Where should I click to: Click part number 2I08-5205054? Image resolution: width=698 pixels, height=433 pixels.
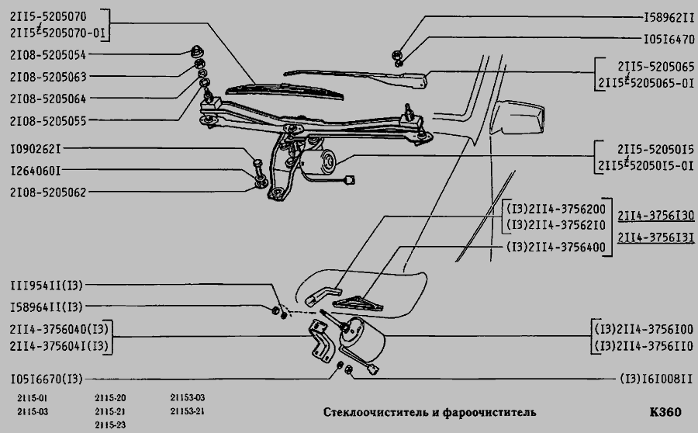click(47, 55)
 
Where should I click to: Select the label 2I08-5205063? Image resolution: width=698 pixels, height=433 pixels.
click(47, 77)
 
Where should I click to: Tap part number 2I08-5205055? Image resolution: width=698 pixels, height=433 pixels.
click(47, 121)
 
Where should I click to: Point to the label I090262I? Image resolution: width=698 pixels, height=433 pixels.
click(36, 148)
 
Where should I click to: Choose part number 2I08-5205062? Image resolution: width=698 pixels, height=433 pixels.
click(47, 192)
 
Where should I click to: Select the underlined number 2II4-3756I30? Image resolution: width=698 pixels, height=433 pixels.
click(655, 216)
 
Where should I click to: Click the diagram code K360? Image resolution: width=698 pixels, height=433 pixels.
click(665, 411)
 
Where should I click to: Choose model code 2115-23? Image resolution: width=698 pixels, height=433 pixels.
click(110, 424)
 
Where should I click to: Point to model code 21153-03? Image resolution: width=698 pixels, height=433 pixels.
click(187, 398)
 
